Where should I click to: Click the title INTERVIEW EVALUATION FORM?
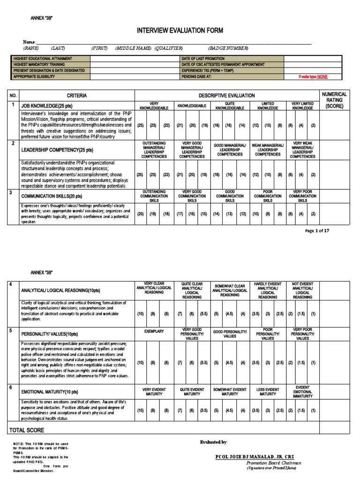180,31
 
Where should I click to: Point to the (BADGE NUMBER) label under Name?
228,48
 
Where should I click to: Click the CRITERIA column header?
77,95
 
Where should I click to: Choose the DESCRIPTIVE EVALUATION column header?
226,95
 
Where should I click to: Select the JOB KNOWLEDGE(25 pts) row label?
45,106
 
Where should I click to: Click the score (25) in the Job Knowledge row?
140,126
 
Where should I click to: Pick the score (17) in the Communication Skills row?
180,214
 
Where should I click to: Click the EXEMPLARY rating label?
154,331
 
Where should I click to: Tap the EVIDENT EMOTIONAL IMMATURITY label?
302,392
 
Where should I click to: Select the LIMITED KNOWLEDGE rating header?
268,105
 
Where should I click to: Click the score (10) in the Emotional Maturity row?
140,410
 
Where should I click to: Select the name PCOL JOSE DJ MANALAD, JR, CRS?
255,457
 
